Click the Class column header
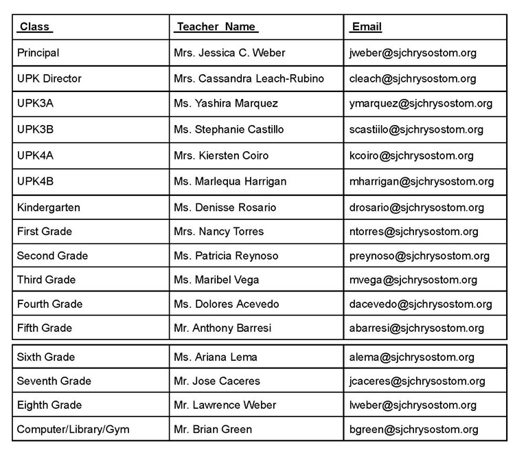click(35, 27)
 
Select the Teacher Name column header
click(216, 27)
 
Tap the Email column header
click(366, 27)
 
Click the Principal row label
click(38, 53)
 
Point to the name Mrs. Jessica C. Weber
click(229, 53)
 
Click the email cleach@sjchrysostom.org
click(413, 78)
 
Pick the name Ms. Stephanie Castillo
click(229, 129)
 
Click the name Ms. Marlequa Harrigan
click(230, 181)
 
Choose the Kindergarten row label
click(49, 208)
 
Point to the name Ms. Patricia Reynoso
click(226, 256)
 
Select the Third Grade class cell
click(47, 280)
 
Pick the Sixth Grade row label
click(46, 357)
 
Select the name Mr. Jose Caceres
click(217, 381)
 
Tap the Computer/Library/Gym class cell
click(73, 429)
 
